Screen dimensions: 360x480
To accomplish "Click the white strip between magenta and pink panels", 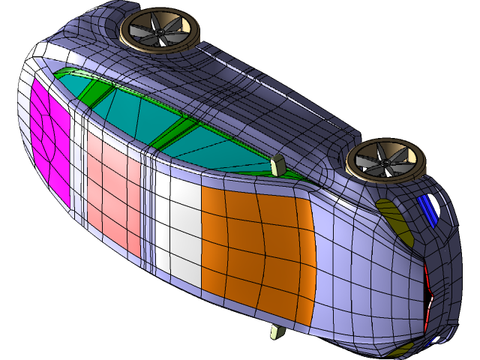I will [x=77, y=165].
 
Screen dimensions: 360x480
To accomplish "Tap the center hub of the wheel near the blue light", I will [x=385, y=160].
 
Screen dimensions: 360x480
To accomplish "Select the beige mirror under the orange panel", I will [x=277, y=331].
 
